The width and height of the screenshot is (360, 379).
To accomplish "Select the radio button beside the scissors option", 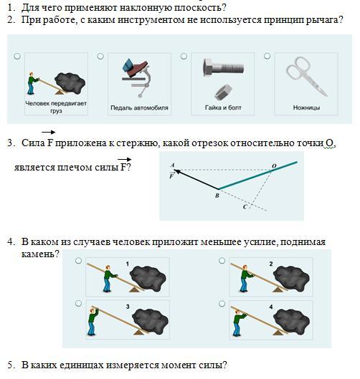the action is pyautogui.click(x=267, y=56).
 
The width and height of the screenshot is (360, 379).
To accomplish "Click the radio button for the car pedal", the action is pyautogui.click(x=100, y=57).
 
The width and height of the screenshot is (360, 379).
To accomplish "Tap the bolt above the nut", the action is pyautogui.click(x=223, y=67).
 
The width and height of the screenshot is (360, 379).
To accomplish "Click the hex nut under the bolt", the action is pyautogui.click(x=223, y=92).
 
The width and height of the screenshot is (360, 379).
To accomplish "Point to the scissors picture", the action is pyautogui.click(x=306, y=76).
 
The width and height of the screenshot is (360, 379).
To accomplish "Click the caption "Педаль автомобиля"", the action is pyautogui.click(x=139, y=107).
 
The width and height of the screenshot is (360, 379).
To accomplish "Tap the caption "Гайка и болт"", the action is pyautogui.click(x=223, y=107).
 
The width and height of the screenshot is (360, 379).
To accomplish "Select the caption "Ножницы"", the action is pyautogui.click(x=306, y=107).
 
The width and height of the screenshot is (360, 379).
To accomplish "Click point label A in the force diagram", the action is pyautogui.click(x=172, y=165).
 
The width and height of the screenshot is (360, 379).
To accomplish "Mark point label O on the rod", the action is pyautogui.click(x=274, y=166).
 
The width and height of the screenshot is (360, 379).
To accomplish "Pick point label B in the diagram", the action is pyautogui.click(x=217, y=196).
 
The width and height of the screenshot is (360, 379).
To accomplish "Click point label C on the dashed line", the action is pyautogui.click(x=245, y=207).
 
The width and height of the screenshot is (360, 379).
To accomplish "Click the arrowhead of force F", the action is pyautogui.click(x=177, y=171).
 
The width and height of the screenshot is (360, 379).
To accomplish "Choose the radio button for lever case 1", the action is pyautogui.click(x=78, y=261).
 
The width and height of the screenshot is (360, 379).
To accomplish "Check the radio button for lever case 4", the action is pyautogui.click(x=222, y=304).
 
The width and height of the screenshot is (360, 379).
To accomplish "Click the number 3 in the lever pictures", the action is pyautogui.click(x=128, y=307).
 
